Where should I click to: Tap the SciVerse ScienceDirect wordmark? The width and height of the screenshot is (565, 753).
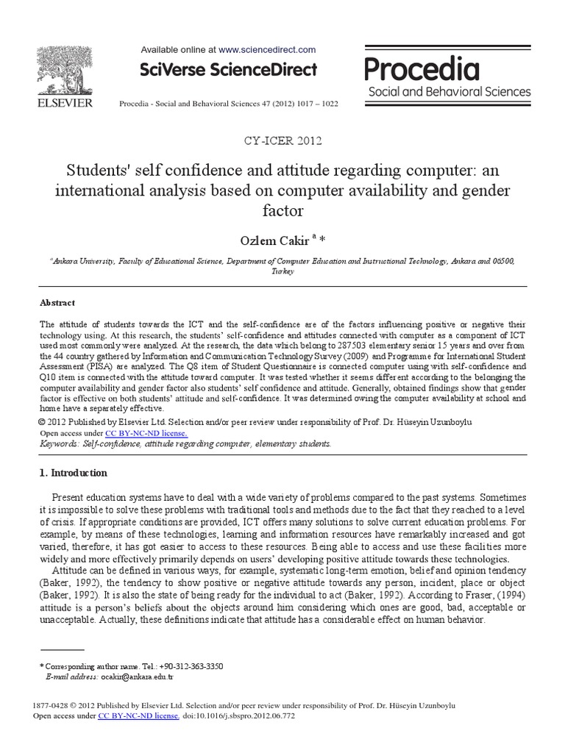[x=229, y=71]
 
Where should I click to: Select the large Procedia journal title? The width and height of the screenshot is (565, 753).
[x=422, y=70]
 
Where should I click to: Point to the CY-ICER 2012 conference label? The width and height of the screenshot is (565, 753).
[x=282, y=140]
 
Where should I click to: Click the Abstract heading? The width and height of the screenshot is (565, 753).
[x=57, y=302]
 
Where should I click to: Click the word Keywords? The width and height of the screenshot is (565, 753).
[x=59, y=444]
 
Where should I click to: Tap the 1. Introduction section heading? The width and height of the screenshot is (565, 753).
[x=73, y=473]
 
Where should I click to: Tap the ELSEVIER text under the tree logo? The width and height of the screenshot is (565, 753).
[x=65, y=103]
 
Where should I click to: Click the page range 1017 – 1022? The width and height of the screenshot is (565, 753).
[x=319, y=104]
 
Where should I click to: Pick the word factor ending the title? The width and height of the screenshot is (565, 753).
[x=282, y=210]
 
